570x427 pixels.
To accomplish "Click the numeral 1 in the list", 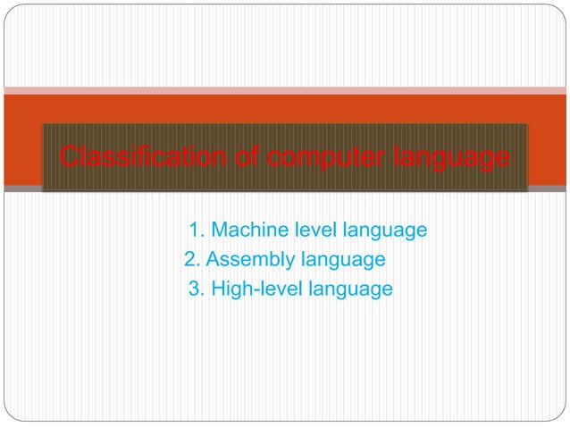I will pyautogui.click(x=195, y=230).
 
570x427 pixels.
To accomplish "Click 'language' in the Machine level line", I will pyautogui.click(x=381, y=231).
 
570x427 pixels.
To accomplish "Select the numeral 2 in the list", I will pyautogui.click(x=189, y=260).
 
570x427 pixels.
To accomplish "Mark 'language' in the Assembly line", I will pyautogui.click(x=344, y=261).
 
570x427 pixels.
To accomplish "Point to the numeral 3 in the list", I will pyautogui.click(x=195, y=289).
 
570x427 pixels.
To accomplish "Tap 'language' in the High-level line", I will pyautogui.click(x=350, y=290).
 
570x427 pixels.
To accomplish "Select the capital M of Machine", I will pyautogui.click(x=219, y=230).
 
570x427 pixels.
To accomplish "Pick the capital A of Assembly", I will pyautogui.click(x=213, y=260).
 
